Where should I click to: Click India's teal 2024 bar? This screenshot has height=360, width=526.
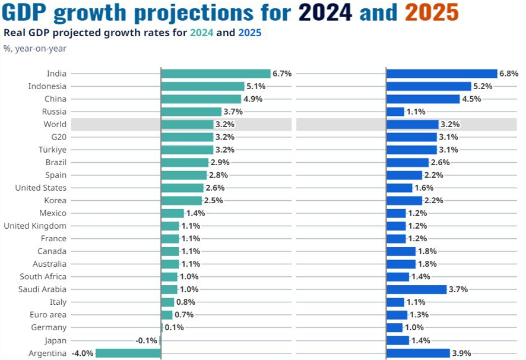[x=216, y=74]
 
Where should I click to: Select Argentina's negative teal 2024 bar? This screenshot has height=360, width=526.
[x=128, y=353]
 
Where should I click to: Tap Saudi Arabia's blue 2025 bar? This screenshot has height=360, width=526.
[x=416, y=289]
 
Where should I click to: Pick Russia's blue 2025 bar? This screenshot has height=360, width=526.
[x=395, y=112]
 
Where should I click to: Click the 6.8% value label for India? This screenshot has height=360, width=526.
[x=509, y=74]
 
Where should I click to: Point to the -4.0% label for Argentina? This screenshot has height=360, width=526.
[x=83, y=353]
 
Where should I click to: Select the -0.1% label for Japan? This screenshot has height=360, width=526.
[x=146, y=340]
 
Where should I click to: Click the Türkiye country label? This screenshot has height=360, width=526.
[x=53, y=150]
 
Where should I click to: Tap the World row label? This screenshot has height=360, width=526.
[x=55, y=124]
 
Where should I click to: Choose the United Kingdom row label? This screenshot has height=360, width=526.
[x=35, y=226]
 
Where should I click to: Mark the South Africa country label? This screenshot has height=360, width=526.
[x=43, y=276]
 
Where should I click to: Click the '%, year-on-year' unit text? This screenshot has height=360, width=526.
[x=35, y=49]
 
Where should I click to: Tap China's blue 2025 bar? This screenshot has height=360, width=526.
[x=423, y=99]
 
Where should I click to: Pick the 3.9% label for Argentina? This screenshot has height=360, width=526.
[x=461, y=353]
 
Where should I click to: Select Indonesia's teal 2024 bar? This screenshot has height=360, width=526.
[x=202, y=86]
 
